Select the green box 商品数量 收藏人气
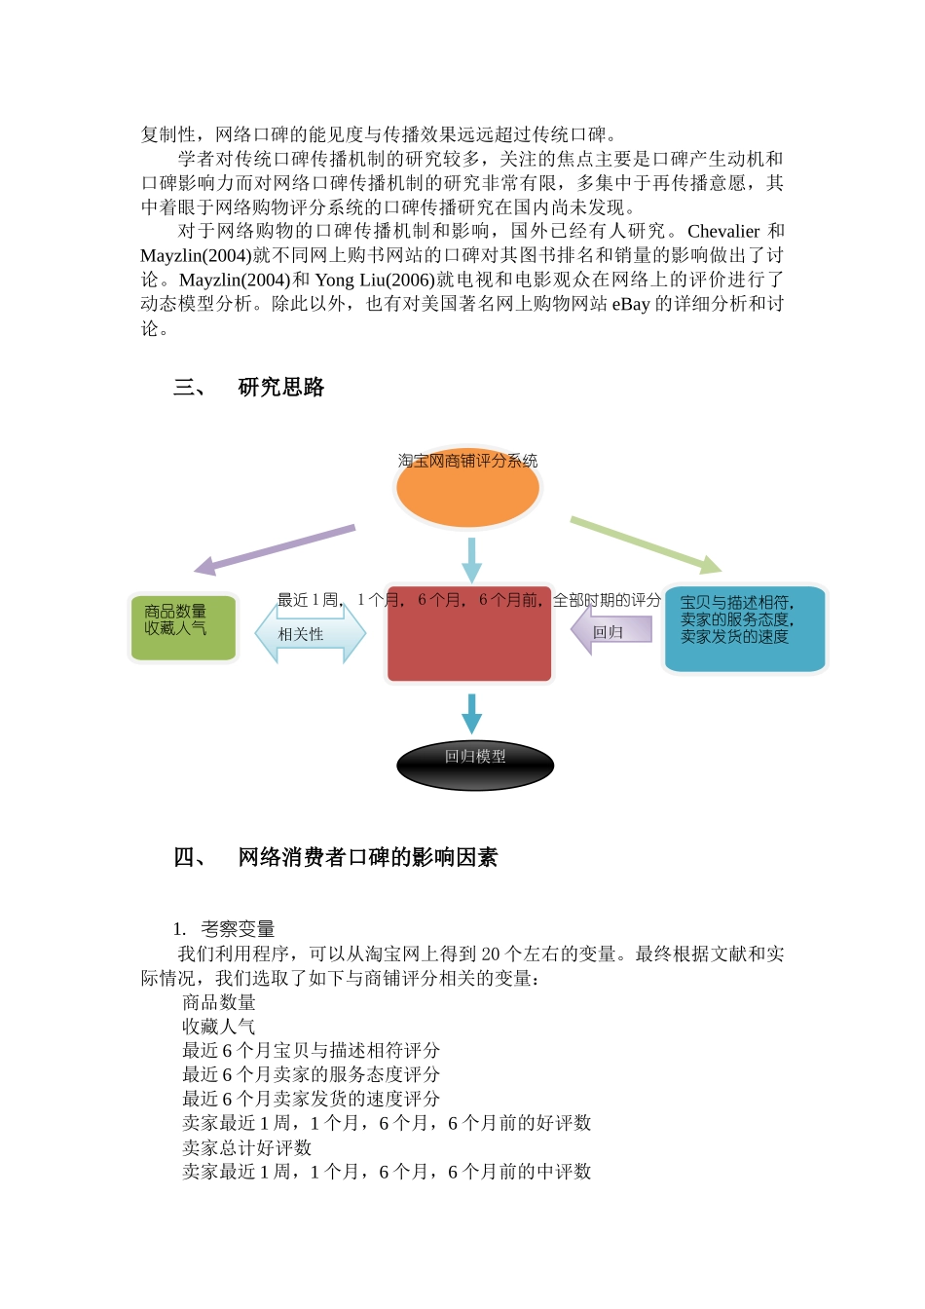[x=184, y=629]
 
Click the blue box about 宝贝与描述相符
[x=745, y=629]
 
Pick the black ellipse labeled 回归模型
[x=475, y=765]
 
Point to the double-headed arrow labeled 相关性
[x=310, y=634]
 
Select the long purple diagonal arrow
[x=275, y=549]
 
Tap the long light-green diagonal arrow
[x=646, y=543]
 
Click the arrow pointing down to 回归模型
[x=472, y=713]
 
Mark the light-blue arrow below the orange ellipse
[x=472, y=559]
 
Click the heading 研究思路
[x=281, y=388]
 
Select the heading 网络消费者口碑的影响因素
[x=368, y=857]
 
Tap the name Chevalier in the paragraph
[x=723, y=232]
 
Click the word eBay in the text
[x=630, y=305]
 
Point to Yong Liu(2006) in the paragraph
[x=374, y=280]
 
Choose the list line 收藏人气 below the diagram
[x=219, y=1027]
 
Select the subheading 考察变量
[x=238, y=929]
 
